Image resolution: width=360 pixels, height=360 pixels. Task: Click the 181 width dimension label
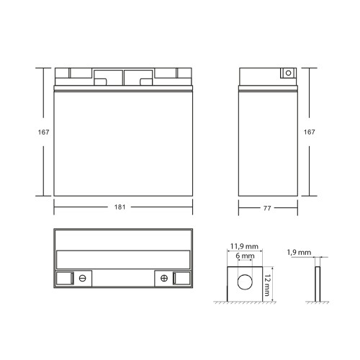[x=120, y=207]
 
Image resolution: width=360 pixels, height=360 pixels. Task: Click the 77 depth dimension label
[x=267, y=208]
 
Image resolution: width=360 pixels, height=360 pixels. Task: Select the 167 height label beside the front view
[x=43, y=132]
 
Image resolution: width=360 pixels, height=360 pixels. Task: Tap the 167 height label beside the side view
[x=310, y=132]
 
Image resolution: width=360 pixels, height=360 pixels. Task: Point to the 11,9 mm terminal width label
[x=244, y=246]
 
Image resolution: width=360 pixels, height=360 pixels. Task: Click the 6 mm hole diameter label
[x=245, y=256]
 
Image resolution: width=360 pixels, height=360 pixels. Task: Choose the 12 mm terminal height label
[x=267, y=285]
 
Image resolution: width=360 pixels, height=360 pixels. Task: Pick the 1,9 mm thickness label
[x=299, y=252]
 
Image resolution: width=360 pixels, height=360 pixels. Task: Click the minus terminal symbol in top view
[x=83, y=278]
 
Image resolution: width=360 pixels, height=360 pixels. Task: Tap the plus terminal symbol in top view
[x=164, y=278]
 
